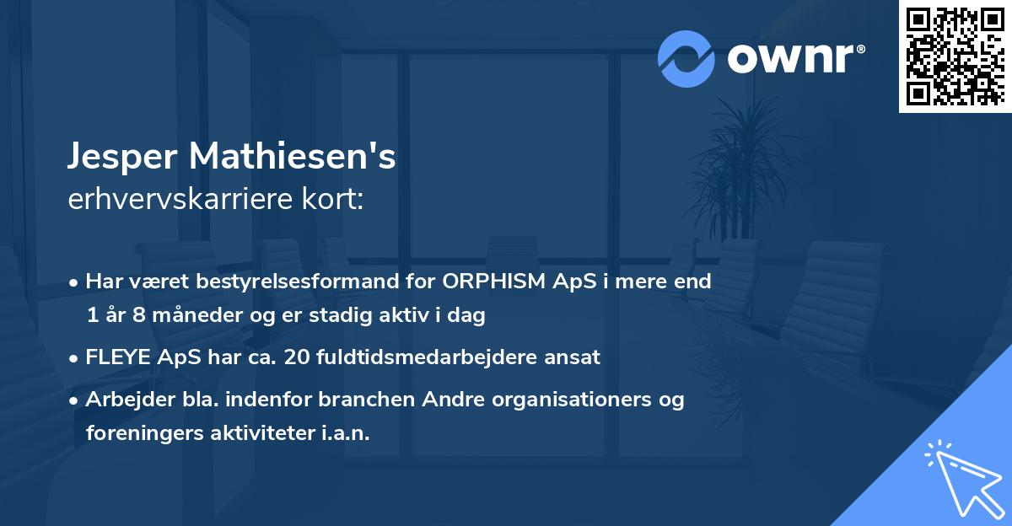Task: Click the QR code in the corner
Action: [x=955, y=56]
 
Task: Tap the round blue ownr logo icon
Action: [x=686, y=58]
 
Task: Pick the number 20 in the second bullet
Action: [x=303, y=357]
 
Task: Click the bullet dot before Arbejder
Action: [x=74, y=400]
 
